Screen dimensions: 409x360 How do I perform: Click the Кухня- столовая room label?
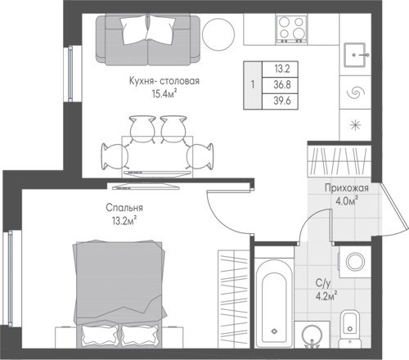[x=164, y=81]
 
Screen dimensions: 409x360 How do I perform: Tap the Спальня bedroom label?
[x=124, y=208]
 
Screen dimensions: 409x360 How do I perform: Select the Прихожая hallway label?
[x=347, y=188]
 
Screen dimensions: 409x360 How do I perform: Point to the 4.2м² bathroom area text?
[x=326, y=297]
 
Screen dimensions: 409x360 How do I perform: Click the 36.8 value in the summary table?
[x=282, y=85]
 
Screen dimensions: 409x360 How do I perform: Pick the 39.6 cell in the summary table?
[x=282, y=101]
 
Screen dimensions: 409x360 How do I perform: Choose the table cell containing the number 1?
[x=253, y=85]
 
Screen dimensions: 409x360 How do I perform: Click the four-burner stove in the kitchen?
[x=291, y=29]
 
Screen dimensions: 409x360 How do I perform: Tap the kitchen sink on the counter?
[x=355, y=55]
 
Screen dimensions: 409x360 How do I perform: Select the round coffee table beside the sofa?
[x=218, y=34]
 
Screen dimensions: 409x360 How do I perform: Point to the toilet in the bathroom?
[x=349, y=328]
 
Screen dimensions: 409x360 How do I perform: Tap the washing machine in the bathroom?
[x=355, y=262]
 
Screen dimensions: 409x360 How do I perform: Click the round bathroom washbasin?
[x=312, y=335]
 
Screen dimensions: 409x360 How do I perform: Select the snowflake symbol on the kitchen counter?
[x=355, y=125]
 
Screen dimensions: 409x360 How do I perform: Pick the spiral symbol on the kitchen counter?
[x=355, y=92]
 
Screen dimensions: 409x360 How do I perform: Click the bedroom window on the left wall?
[x=11, y=278]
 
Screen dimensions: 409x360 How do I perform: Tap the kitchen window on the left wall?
[x=70, y=74]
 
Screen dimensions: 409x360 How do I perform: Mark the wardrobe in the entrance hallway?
[x=339, y=160]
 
